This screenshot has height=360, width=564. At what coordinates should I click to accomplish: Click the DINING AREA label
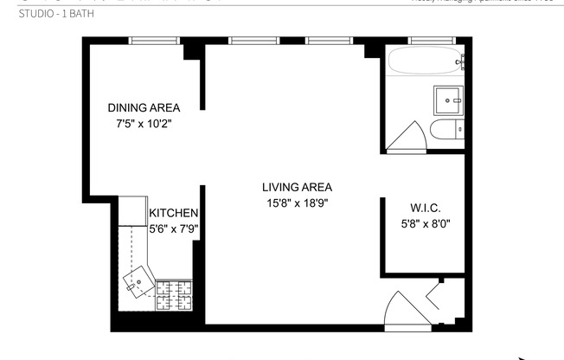[x=144, y=108]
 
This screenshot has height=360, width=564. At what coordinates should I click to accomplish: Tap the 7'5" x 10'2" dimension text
[x=144, y=124]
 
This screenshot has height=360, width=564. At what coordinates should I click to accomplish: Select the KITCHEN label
[x=174, y=214]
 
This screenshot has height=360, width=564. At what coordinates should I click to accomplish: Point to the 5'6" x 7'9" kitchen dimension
[x=174, y=229]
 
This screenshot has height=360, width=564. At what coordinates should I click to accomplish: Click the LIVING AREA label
[x=298, y=187]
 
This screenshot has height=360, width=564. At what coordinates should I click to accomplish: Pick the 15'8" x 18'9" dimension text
[x=298, y=203]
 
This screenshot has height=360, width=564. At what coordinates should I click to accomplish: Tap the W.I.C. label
[x=425, y=208]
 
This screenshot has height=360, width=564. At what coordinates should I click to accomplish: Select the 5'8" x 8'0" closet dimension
[x=425, y=223]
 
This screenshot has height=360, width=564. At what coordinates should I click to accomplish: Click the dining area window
[x=154, y=40]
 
